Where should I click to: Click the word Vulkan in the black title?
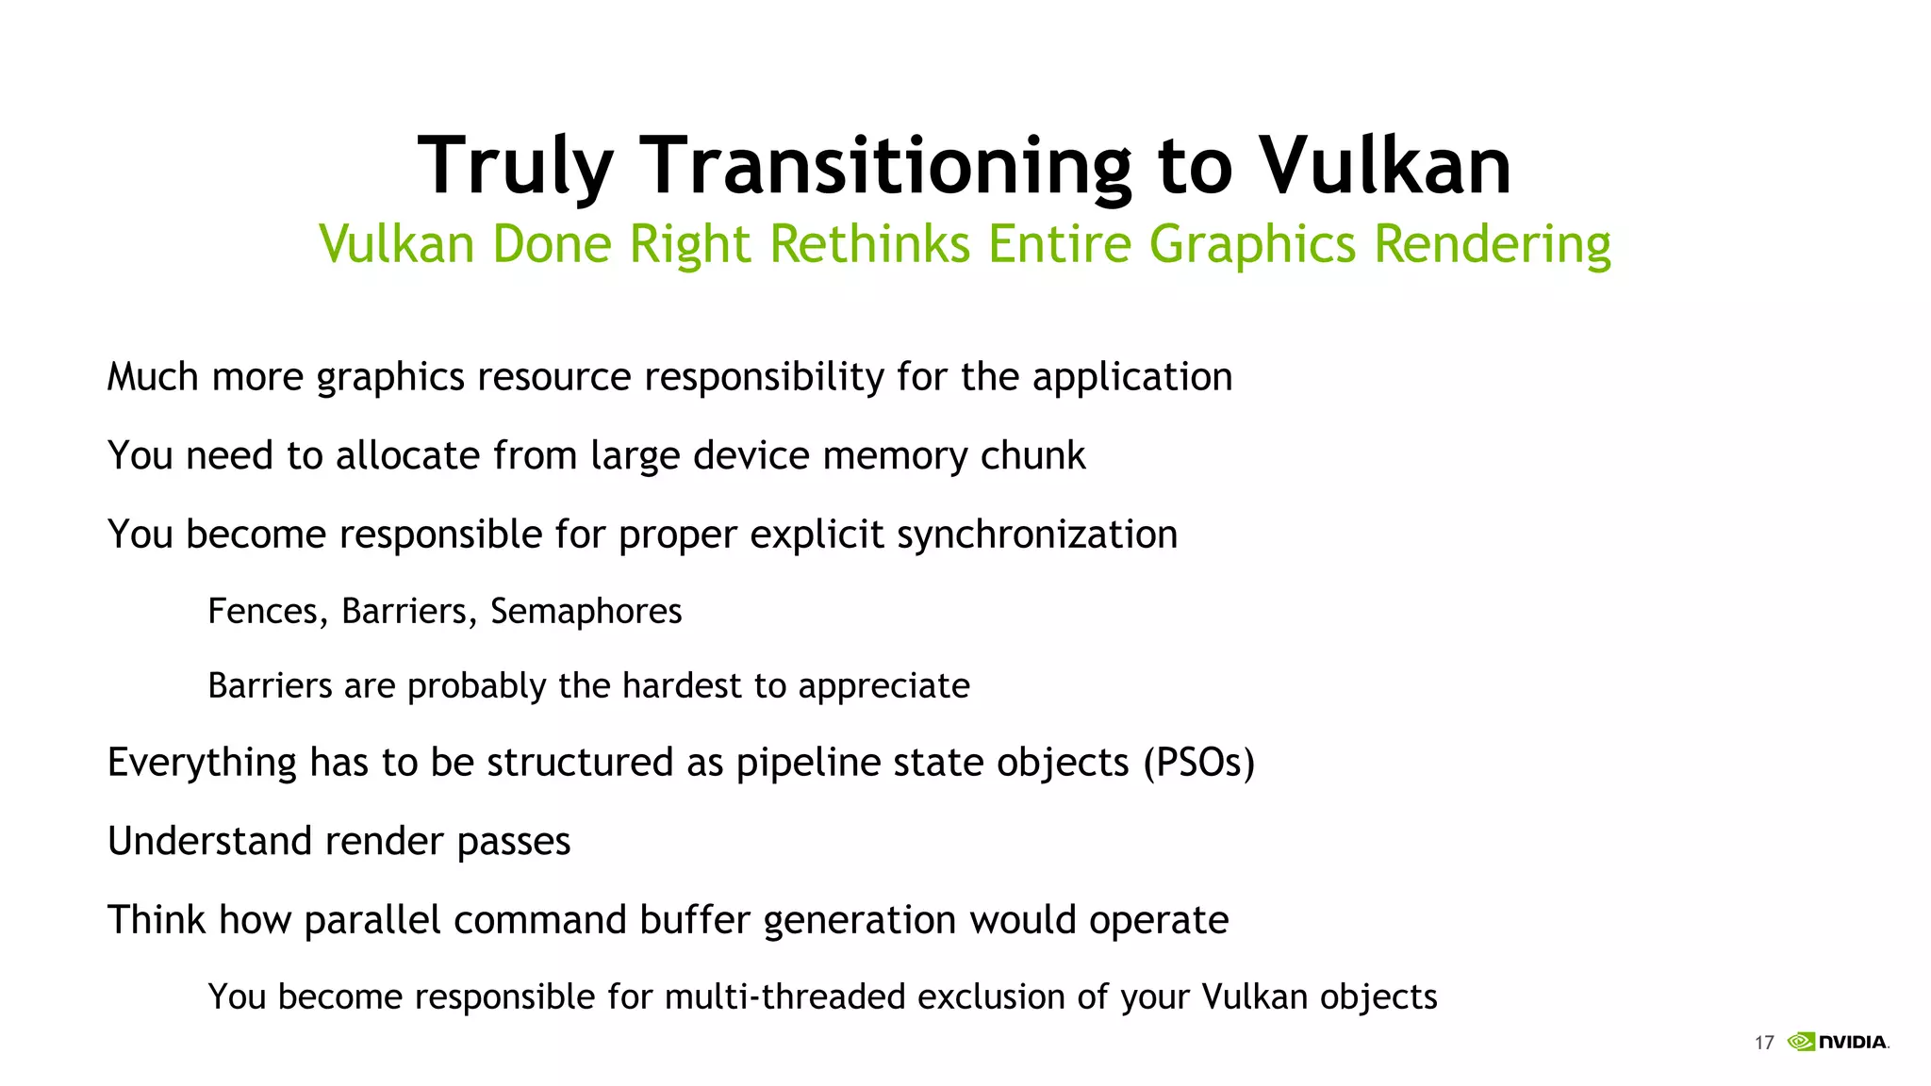[x=1385, y=167]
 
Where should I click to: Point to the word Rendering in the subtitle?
[x=1492, y=244]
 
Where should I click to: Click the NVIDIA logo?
[x=1838, y=1042]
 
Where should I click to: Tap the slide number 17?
[x=1763, y=1043]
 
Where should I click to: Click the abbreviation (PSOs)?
[x=1198, y=763]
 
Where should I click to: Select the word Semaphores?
[x=586, y=612]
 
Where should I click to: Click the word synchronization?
[x=1036, y=535]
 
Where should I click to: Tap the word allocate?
[x=407, y=456]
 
